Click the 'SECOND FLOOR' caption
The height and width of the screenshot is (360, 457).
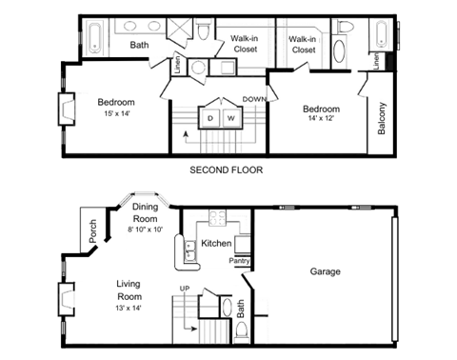pos(226,170)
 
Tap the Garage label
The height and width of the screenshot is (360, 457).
pos(325,271)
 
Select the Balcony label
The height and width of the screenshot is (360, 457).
pos(382,119)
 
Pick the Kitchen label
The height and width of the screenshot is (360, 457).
pos(217,244)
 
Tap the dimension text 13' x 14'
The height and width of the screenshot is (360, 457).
pos(134,309)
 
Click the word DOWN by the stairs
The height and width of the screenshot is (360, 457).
pos(254,99)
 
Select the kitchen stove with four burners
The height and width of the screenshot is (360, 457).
pos(216,219)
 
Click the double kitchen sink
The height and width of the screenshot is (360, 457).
pos(178,250)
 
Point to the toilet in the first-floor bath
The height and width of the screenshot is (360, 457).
pos(243,330)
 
